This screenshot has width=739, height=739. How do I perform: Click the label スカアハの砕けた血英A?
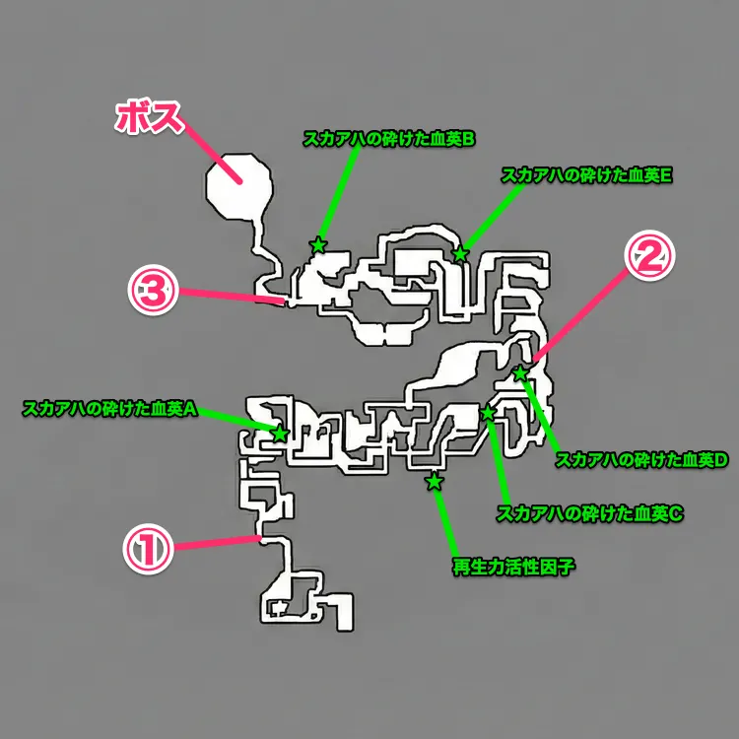coord(111,408)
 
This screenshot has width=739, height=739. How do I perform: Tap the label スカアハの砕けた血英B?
coord(389,139)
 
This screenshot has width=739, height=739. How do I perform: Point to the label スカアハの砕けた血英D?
coord(641,459)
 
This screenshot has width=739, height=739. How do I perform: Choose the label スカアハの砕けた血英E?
coord(586,175)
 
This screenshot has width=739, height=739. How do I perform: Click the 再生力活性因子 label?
coord(512,567)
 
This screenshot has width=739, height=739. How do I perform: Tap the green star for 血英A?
coord(280,434)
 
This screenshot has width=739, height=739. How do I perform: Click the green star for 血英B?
coord(317,245)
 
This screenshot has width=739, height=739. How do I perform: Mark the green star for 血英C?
coord(487,414)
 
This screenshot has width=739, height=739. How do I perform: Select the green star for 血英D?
coord(520,373)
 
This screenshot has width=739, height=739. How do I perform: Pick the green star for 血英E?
coord(460,255)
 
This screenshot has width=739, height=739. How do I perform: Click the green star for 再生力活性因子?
coord(434,482)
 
